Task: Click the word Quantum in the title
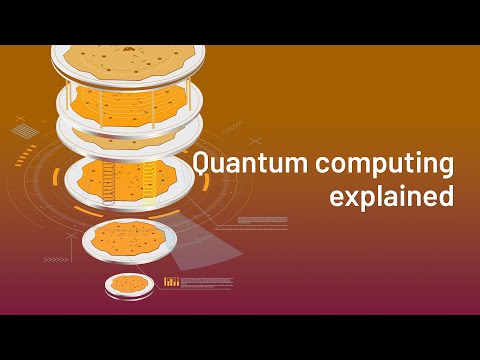tap(237, 162)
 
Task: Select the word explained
tap(391, 195)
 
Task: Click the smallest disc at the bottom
tap(130, 284)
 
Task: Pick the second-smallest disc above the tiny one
tap(122, 240)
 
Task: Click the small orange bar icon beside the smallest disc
tap(172, 283)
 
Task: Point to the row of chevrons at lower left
tap(56, 259)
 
